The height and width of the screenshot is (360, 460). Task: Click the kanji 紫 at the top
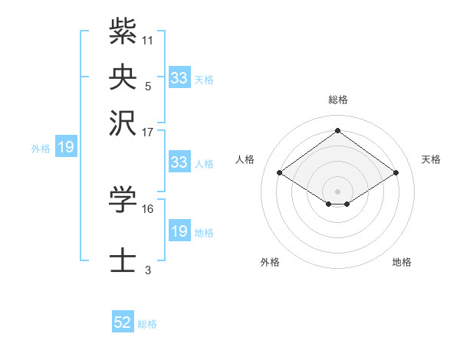point(123,32)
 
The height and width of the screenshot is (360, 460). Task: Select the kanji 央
point(123,77)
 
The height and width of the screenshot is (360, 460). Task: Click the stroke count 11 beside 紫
point(148,40)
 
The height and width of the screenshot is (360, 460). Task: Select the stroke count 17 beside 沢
point(148,132)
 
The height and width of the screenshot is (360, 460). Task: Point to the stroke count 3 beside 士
point(148,270)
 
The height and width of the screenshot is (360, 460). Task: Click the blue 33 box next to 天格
point(179,78)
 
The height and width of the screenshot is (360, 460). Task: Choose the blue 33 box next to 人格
point(179,162)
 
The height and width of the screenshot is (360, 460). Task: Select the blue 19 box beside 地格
point(179,231)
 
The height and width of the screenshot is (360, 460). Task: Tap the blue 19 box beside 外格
point(65,147)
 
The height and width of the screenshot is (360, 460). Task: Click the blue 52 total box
point(123,323)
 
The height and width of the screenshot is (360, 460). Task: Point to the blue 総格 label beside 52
point(147,324)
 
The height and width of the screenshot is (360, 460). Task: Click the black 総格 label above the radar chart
point(338,100)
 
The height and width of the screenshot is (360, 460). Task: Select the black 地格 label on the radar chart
point(402,262)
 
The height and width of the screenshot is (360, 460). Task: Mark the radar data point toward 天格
point(396,173)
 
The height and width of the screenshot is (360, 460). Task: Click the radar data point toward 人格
point(280,173)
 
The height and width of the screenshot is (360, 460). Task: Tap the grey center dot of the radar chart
point(338,191)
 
